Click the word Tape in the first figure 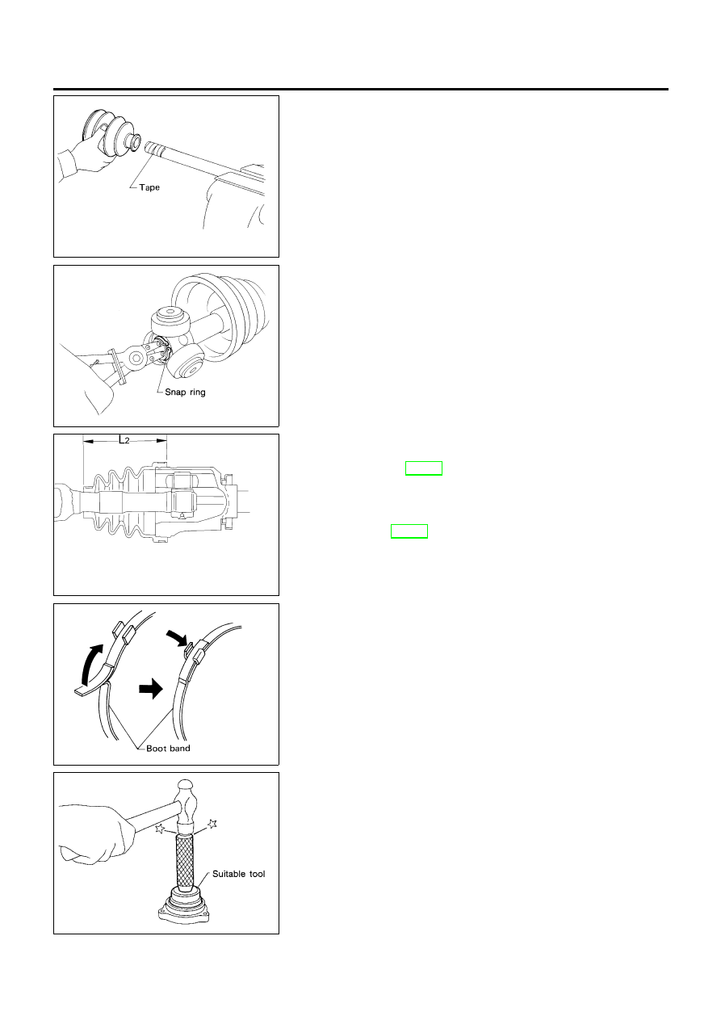(x=149, y=187)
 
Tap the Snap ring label (x=185, y=392)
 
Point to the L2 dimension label (x=124, y=440)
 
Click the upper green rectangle (x=423, y=468)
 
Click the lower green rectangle (x=409, y=531)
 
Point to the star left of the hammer (x=159, y=829)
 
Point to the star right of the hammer (x=212, y=823)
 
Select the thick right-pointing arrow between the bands (x=151, y=689)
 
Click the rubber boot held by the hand (x=111, y=133)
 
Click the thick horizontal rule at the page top (x=360, y=90)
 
